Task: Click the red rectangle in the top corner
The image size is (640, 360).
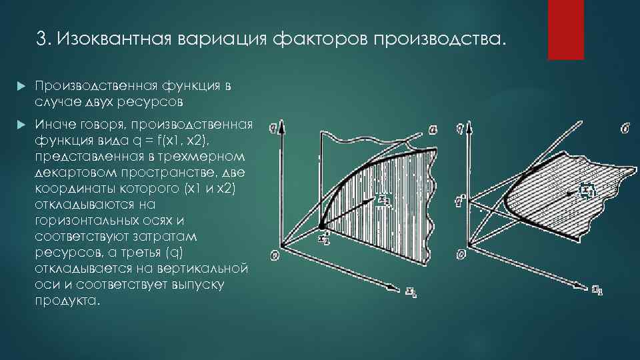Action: (565, 29)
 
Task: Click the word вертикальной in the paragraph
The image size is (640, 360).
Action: (196, 268)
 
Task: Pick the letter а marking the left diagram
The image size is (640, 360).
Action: (433, 131)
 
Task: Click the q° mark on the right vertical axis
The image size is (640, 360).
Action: (460, 199)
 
